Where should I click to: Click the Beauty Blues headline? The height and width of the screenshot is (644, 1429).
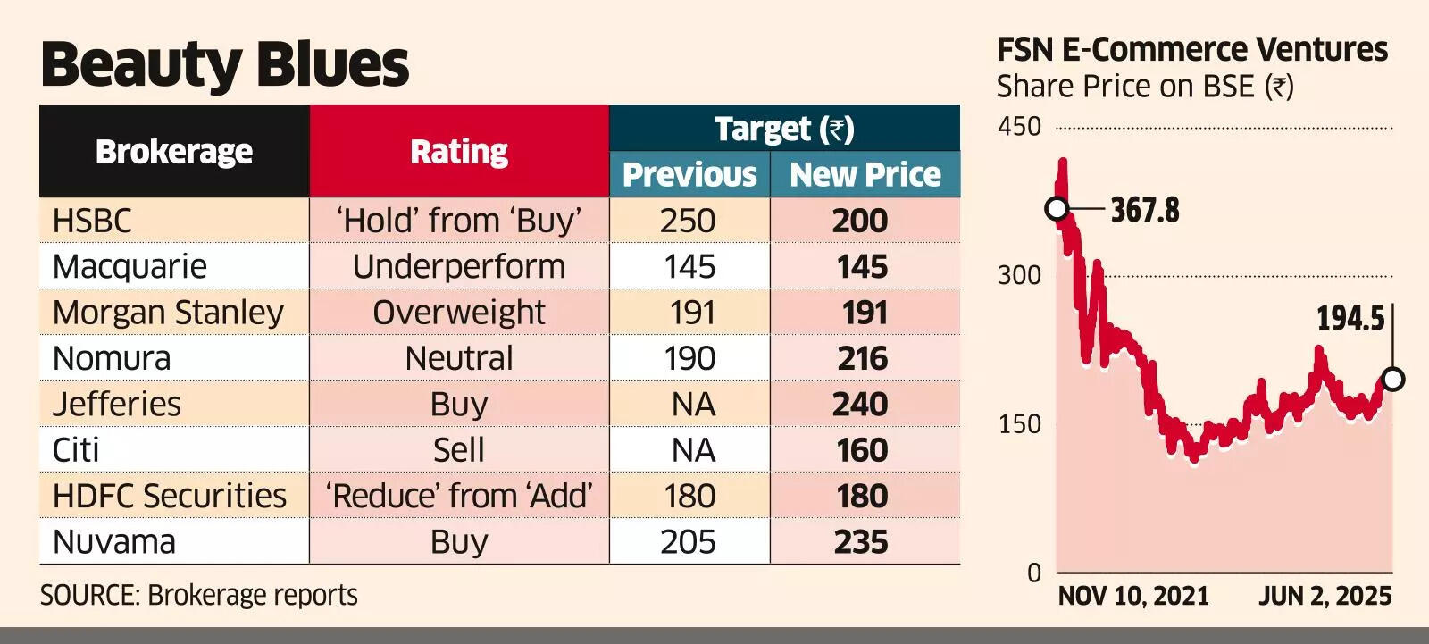[x=224, y=64]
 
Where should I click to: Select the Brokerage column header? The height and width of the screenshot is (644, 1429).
[x=174, y=151]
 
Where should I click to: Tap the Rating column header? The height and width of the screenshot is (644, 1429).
[x=459, y=151]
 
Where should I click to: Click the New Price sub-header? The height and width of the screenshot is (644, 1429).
[x=865, y=174]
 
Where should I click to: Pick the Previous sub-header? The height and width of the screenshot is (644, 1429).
[x=689, y=174]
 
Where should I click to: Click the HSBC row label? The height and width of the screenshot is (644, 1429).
[x=92, y=221]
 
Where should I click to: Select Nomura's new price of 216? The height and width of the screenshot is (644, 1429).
[x=862, y=358]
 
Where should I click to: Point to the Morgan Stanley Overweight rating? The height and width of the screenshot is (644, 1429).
[x=459, y=313]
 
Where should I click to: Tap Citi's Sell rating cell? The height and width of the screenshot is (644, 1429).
[x=459, y=450]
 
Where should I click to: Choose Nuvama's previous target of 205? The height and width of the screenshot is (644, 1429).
[x=689, y=542]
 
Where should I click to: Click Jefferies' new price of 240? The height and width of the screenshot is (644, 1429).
[x=860, y=405]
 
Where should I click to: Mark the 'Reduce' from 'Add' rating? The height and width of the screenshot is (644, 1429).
[x=459, y=496]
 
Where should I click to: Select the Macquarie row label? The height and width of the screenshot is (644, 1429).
[x=130, y=266]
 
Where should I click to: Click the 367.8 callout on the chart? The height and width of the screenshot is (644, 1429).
[x=1144, y=211]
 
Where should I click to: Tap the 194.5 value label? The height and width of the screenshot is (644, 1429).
[x=1350, y=318]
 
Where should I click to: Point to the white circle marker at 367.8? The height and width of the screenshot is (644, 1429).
[x=1057, y=209]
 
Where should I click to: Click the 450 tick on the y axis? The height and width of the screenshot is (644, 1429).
[x=1019, y=127]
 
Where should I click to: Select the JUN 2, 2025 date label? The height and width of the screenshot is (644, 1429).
[x=1325, y=596]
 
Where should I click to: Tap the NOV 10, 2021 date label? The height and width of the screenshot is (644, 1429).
[x=1133, y=596]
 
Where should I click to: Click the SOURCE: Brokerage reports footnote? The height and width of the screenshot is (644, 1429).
[x=199, y=595]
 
